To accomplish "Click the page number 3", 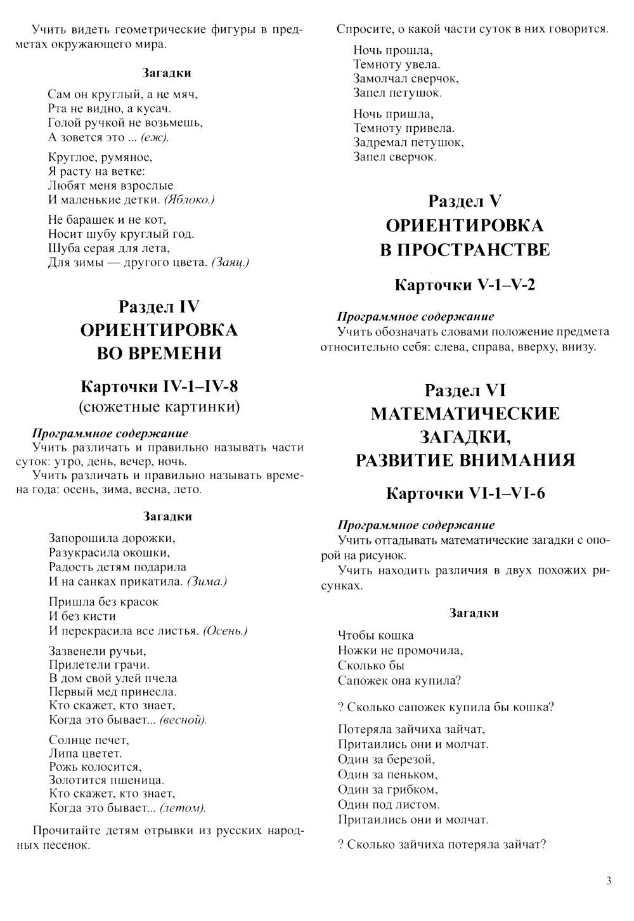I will [x=609, y=880].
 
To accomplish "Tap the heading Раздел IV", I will [x=158, y=307].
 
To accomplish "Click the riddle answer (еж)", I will [x=155, y=138].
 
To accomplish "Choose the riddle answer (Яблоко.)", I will [x=189, y=200].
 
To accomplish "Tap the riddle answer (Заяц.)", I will [x=230, y=262].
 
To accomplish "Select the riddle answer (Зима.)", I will [x=207, y=581].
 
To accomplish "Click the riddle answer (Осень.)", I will [x=225, y=631].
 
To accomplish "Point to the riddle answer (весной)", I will [x=183, y=720].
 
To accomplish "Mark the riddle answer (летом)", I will [x=183, y=808].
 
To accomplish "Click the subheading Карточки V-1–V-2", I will [x=465, y=285].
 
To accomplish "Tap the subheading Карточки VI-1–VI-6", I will [x=465, y=493].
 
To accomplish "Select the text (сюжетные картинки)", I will [x=159, y=406].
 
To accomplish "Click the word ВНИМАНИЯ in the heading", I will [x=514, y=460].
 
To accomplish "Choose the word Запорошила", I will [x=84, y=538].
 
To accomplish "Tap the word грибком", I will [x=414, y=790].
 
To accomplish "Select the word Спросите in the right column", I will [x=365, y=29].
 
